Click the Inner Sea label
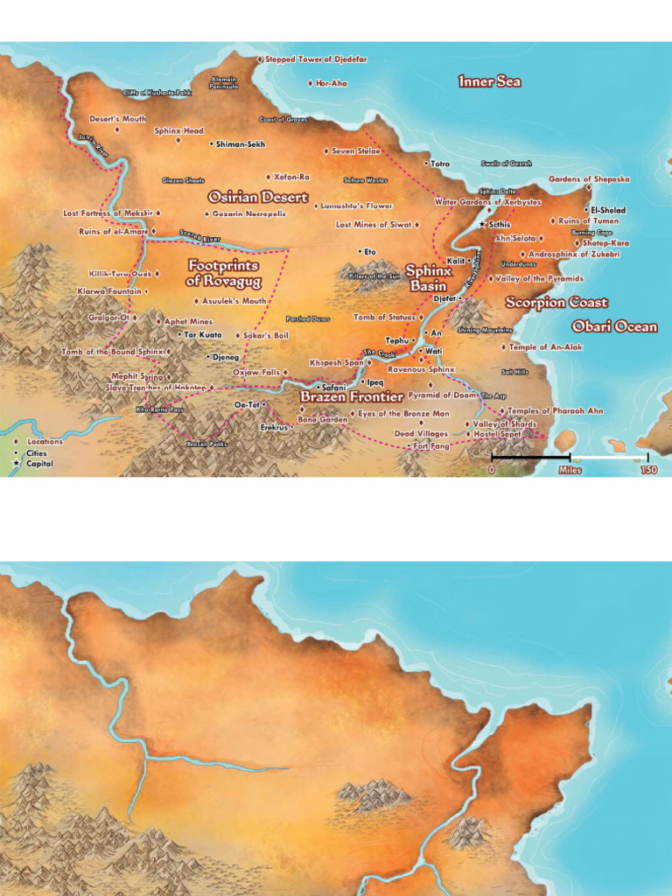[x=489, y=81]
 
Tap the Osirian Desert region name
[x=258, y=197]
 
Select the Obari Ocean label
[x=614, y=326]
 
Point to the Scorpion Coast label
[x=556, y=303]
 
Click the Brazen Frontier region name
[x=352, y=396]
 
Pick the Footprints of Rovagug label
[x=223, y=273]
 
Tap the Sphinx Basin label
[x=429, y=278]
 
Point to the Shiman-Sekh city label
[x=240, y=143]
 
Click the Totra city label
[x=439, y=164]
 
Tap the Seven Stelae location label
[x=355, y=151]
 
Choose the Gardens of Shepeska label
[x=589, y=179]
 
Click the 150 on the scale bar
[x=648, y=470]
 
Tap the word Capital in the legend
[x=39, y=464]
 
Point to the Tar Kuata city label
[x=203, y=335]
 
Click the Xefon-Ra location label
[x=291, y=177]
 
